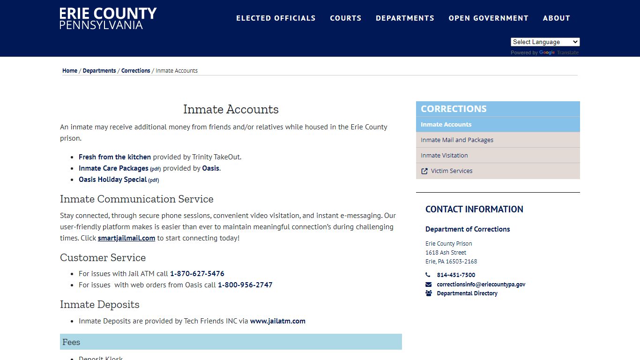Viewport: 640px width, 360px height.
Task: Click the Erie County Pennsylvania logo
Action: (108, 18)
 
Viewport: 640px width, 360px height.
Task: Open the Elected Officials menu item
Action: (275, 18)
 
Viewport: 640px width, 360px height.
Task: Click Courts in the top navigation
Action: (345, 18)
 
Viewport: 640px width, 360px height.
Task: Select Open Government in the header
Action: (488, 18)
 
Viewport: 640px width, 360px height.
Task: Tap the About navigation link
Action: (556, 18)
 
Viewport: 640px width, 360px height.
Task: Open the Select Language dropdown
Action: (545, 42)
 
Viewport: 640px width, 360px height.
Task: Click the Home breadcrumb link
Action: (70, 71)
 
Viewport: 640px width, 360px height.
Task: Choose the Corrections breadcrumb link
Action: (135, 71)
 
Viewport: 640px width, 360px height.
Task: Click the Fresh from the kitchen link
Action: (115, 157)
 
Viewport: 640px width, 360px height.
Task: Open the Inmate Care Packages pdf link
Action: (113, 168)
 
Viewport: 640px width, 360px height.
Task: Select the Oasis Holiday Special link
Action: (113, 180)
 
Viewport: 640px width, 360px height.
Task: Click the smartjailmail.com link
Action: (127, 238)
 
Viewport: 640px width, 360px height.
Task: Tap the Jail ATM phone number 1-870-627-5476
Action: (197, 274)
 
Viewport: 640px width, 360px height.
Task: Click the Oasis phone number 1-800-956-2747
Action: (245, 285)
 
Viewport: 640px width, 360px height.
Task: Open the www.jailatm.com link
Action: (278, 321)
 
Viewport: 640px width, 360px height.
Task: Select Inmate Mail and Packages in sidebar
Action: (457, 140)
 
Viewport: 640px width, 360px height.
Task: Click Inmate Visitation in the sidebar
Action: (444, 156)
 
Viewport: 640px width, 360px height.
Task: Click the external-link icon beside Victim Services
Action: (424, 171)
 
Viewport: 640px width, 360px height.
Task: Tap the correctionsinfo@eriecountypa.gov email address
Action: (481, 285)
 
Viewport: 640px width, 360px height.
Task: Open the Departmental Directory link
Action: (467, 293)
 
